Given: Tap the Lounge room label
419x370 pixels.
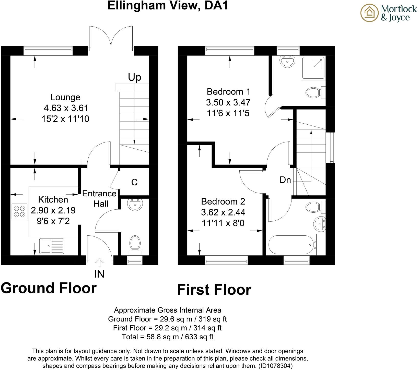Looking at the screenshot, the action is (65, 97).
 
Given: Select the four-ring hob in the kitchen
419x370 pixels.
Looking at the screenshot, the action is (19, 211).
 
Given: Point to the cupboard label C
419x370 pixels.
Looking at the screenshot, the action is (134, 182).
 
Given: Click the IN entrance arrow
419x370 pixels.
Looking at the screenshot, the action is (99, 262).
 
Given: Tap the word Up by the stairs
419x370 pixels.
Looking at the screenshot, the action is (135, 77).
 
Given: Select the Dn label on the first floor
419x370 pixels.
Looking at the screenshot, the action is (285, 180).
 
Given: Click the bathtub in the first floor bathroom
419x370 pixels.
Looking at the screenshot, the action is (291, 244).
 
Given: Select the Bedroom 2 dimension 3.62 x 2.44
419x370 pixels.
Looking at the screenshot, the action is (223, 212).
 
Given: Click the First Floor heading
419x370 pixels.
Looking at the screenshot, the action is (214, 290).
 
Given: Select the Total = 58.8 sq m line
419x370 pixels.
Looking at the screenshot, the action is (168, 337).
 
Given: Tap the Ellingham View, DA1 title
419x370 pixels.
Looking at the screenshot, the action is (168, 5).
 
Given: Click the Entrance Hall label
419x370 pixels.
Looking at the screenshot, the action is (99, 199).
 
